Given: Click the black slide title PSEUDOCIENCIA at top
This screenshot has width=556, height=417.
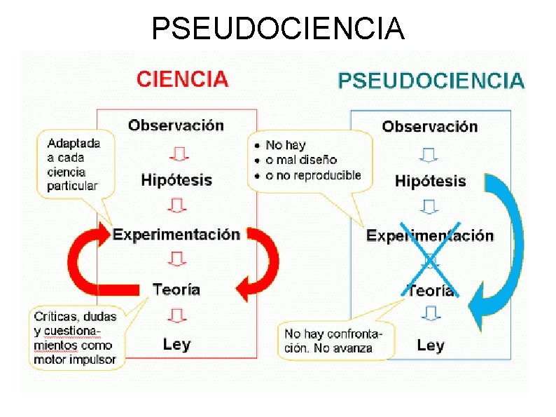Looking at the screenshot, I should click(278, 29).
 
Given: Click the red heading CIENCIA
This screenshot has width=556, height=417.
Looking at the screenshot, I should click(182, 78).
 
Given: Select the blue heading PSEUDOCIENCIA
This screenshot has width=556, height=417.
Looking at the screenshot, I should click(430, 81).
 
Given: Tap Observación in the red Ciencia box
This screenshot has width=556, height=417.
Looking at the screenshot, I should click(176, 125).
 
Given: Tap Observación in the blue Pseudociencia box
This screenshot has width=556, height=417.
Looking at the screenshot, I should click(429, 127).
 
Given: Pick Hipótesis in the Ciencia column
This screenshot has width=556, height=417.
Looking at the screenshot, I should click(176, 180).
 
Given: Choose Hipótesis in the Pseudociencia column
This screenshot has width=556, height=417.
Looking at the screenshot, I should click(430, 182).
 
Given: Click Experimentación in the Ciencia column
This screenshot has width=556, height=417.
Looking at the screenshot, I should click(176, 235).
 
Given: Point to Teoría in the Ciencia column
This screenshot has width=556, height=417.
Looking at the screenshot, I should click(176, 289).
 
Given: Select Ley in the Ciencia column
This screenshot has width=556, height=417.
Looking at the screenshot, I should click(176, 344).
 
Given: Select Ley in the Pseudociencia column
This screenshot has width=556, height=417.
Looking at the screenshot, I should click(430, 345).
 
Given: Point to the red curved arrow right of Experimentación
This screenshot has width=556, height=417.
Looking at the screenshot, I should click(263, 263).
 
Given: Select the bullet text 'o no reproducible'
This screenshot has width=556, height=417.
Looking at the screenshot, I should click(313, 175).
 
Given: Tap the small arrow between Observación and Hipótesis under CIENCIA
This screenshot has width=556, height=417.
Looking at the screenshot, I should click(176, 153).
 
